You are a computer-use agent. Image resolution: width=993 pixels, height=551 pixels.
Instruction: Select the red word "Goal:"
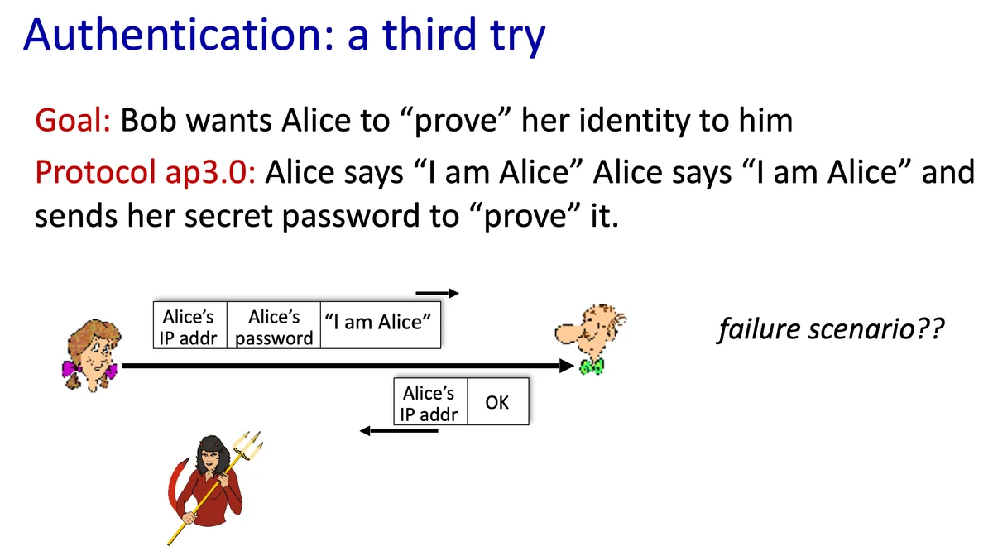[x=73, y=120]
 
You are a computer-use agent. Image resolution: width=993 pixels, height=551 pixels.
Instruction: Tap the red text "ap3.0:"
[x=210, y=172]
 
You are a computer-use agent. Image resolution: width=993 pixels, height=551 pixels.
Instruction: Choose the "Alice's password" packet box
[x=274, y=325]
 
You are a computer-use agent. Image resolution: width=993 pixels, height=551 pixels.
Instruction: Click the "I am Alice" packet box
[x=381, y=325]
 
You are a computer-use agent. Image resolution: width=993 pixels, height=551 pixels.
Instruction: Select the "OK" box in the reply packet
[x=498, y=401]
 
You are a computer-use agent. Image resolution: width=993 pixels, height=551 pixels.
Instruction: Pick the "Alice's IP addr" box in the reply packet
[x=430, y=401]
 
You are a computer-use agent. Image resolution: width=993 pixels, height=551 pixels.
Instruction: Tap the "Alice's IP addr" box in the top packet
[x=190, y=325]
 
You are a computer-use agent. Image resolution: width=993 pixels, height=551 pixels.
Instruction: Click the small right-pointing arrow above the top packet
[x=437, y=293]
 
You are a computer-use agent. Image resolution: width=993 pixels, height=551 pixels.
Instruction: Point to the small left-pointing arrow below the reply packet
[x=399, y=430]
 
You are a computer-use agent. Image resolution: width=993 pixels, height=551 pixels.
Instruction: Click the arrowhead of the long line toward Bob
[x=567, y=366]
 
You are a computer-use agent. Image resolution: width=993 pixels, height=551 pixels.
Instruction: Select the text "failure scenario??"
[x=831, y=328]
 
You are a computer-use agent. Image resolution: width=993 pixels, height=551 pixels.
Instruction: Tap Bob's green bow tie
[x=592, y=367]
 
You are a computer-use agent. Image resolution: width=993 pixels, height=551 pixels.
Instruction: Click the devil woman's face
[x=210, y=460]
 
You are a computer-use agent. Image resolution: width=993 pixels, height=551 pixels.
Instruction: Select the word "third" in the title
[x=429, y=35]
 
